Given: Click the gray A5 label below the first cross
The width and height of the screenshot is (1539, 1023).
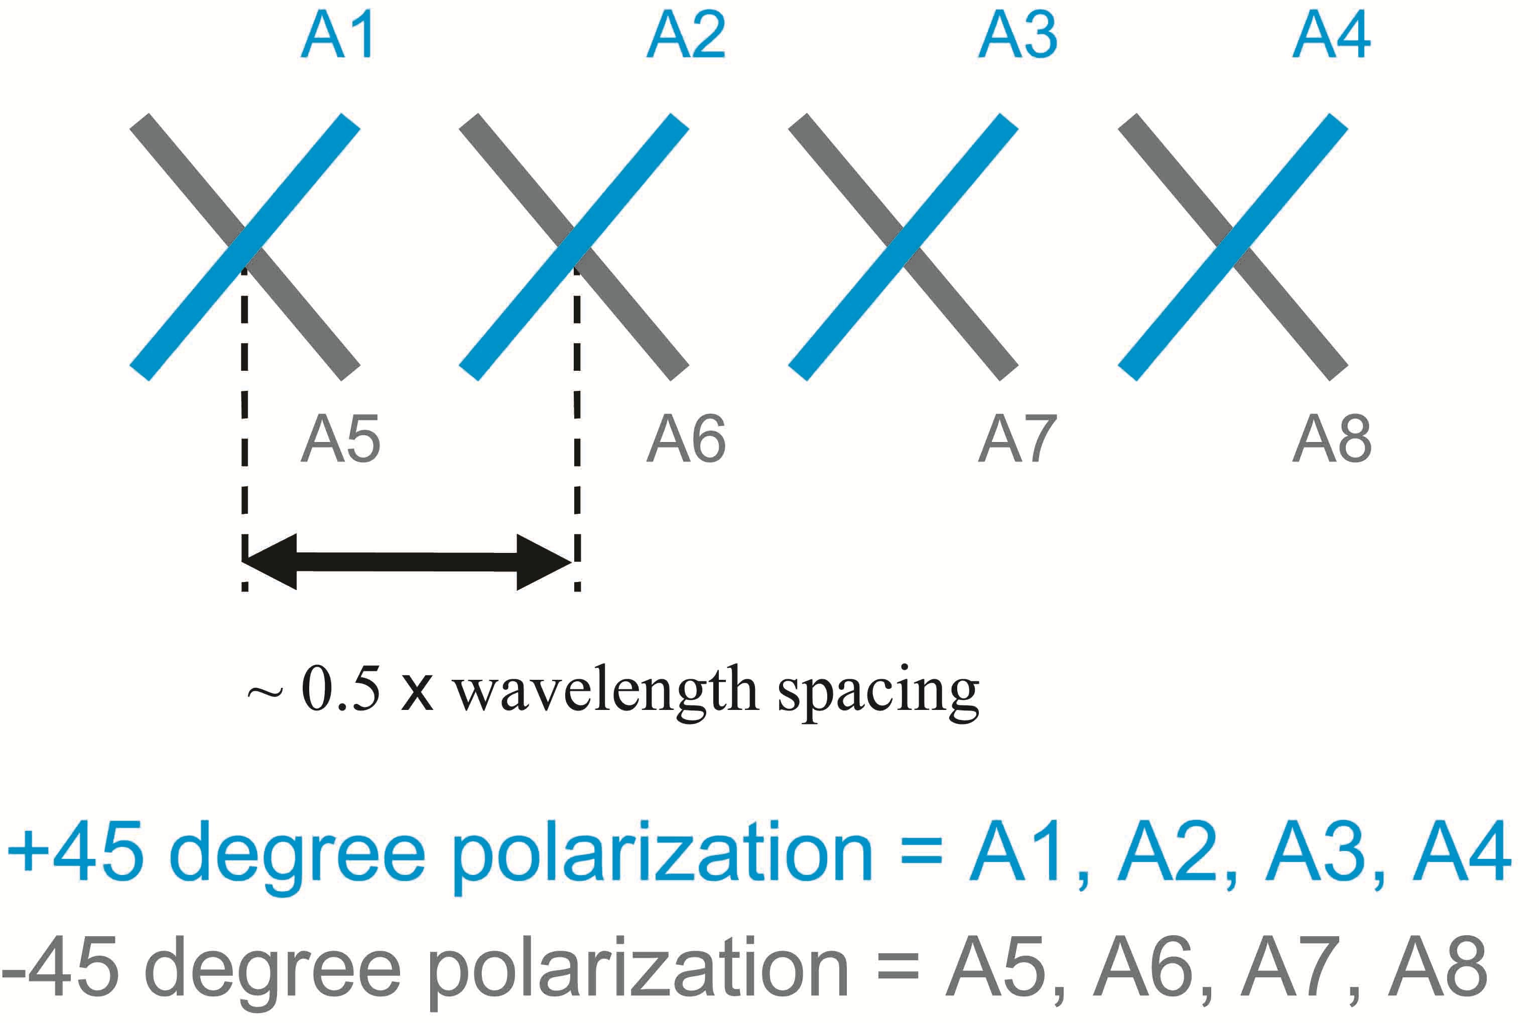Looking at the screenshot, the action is (340, 439).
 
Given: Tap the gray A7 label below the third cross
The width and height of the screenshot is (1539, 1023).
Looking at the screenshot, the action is (1017, 439).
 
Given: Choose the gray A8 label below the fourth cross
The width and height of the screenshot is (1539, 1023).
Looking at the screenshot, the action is (1332, 439).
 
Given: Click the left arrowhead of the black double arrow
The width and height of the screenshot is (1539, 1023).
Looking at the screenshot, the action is (270, 562).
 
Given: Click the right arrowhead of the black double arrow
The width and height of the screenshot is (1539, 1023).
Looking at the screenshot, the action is (544, 562).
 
